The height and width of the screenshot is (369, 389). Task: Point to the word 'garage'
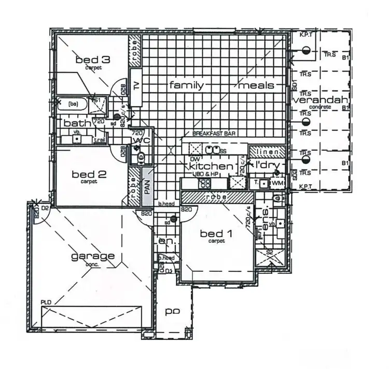click(93, 256)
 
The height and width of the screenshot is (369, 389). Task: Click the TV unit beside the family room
click(137, 87)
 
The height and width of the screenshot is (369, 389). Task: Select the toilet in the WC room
click(138, 156)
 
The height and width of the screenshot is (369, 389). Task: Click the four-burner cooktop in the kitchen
click(205, 183)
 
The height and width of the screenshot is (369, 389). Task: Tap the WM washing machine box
click(277, 183)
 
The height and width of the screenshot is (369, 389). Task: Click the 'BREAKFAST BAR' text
click(214, 134)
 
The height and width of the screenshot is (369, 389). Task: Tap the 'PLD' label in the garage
click(47, 302)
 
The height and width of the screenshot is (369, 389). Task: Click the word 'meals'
click(256, 85)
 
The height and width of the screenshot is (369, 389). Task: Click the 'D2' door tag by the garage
click(45, 209)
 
